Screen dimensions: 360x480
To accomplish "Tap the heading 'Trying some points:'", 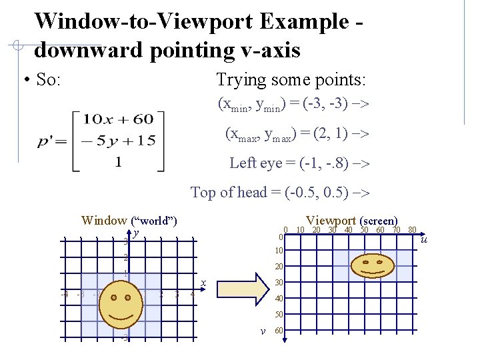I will pos(291,80).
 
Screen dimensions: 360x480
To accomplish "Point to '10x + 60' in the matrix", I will pos(118,120).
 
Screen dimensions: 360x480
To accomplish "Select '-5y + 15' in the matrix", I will pos(118,141).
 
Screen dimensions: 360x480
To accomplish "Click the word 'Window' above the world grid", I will pos(103,221).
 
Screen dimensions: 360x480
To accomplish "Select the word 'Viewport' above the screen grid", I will pos(331,221).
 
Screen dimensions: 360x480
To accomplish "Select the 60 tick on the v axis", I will pos(279,330).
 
